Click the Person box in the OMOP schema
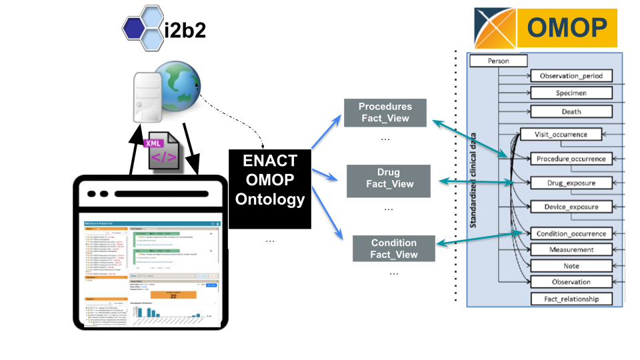[499, 61]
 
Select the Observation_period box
[571, 77]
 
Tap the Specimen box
[571, 93]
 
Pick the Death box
[571, 111]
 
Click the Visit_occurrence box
[560, 134]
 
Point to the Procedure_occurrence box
[571, 159]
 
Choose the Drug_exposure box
[571, 182]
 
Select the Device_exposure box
[571, 207]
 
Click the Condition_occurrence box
[571, 233]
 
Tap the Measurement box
[571, 249]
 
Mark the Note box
[571, 265]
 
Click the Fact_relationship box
[571, 299]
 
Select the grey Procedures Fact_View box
[385, 113]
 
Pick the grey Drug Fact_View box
[389, 179]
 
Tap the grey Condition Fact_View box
[393, 249]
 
